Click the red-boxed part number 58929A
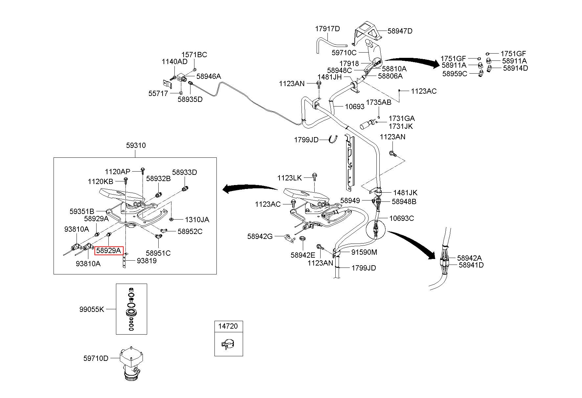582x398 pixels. (x=109, y=251)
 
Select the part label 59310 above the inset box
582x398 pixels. (x=136, y=145)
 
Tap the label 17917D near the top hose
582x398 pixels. (x=327, y=29)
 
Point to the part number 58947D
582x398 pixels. (x=400, y=31)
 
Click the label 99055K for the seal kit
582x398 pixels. (x=92, y=309)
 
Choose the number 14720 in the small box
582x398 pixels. (x=229, y=326)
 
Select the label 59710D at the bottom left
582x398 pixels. (x=96, y=358)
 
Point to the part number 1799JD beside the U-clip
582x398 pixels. (x=306, y=140)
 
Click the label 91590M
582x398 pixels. (x=364, y=252)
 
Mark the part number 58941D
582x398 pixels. (x=471, y=265)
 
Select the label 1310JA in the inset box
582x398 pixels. (x=197, y=220)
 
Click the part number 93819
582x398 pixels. (x=147, y=261)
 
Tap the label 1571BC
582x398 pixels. (x=194, y=55)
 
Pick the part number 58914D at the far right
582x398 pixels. (x=516, y=68)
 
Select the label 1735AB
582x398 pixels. (x=379, y=102)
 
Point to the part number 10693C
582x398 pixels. (x=402, y=218)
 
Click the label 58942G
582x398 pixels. (x=260, y=236)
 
